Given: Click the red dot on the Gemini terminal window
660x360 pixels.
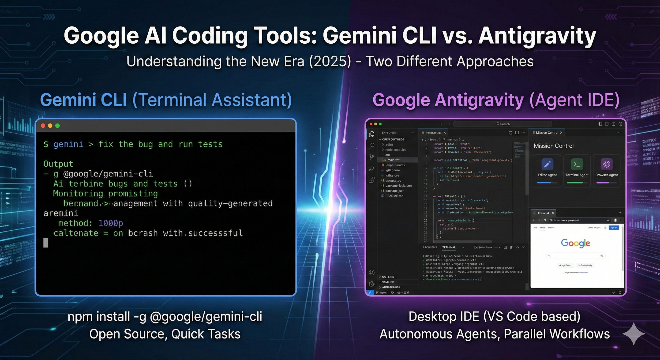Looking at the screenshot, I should pos(43,126).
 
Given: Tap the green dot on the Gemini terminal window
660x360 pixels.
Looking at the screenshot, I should pos(57,126).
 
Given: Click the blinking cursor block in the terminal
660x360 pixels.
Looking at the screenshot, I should pos(46,243).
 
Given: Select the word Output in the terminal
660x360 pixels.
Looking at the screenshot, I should pos(58,164).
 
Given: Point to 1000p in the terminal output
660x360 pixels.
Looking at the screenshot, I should pos(111,223).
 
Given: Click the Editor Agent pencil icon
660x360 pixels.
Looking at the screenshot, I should pos(547,164).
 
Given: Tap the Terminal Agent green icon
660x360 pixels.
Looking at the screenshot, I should pos(577,164).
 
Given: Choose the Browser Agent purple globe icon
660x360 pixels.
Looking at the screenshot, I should pos(607,164).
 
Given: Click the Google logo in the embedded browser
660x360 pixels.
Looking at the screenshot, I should pos(575,243).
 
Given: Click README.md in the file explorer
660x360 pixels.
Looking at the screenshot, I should pos(394,196).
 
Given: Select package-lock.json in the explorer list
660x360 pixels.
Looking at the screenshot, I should pos(398,186).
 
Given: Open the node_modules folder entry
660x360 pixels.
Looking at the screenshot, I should pos(396,150).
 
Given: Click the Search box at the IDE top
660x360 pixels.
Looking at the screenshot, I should pos(502,124).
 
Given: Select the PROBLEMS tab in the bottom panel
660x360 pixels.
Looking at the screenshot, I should pos(430,247).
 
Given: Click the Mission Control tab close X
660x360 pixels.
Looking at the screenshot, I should pos(561,133).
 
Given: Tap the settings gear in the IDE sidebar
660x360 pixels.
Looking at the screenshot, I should pos(372,284).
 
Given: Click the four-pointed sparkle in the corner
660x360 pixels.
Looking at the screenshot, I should pos(633,334).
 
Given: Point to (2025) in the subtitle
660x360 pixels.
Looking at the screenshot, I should pos(330,61).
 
